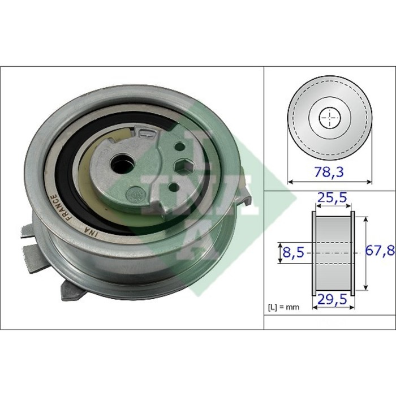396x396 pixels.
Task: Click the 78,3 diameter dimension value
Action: pyautogui.click(x=329, y=172)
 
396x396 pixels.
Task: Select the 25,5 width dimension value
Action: pyautogui.click(x=332, y=198)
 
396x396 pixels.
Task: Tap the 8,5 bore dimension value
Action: pyautogui.click(x=293, y=252)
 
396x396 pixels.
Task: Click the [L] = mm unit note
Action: pyautogui.click(x=283, y=307)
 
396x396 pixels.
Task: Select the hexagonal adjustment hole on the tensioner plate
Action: pyautogui.click(x=184, y=166)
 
